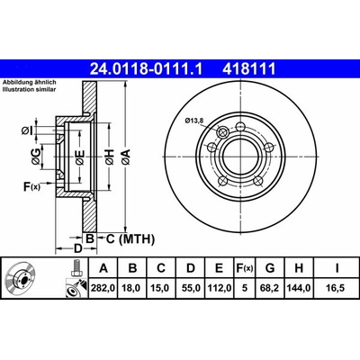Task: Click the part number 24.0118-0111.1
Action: pos(147,69)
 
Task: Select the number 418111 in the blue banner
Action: pos(248,69)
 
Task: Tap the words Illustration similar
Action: pos(30,89)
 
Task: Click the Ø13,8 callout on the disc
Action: pos(194,121)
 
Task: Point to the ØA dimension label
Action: pos(126,157)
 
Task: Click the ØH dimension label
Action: pos(110,157)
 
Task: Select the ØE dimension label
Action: pos(79,157)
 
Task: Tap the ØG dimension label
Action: pos(35,157)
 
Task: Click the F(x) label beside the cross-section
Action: pos(31,186)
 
